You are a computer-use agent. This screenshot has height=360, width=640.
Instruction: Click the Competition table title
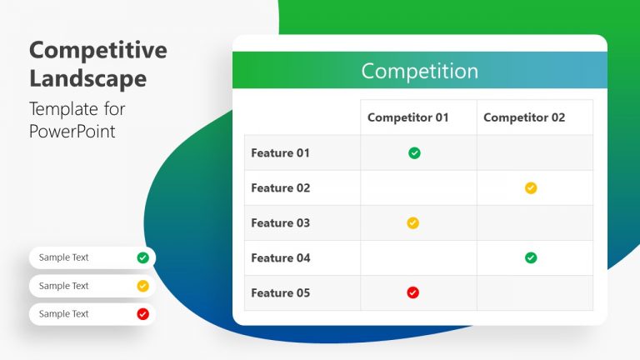419,71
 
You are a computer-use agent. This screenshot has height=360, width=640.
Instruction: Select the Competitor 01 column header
407,117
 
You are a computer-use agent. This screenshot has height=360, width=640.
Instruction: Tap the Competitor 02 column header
524,117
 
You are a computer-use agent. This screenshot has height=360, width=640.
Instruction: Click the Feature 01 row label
280,153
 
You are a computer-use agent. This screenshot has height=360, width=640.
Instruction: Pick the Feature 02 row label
280,188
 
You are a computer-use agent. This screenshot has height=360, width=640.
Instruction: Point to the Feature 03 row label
280,223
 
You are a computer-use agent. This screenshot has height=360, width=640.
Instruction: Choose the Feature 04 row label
280,258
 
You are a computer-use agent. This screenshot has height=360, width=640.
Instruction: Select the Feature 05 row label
280,293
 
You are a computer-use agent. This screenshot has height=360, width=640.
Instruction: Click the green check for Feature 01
414,153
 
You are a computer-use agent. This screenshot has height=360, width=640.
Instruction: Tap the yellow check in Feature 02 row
531,188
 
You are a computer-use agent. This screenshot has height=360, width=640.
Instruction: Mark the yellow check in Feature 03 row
412,223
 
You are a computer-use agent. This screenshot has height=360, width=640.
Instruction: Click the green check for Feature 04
531,258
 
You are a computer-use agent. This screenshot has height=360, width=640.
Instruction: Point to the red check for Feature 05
412,292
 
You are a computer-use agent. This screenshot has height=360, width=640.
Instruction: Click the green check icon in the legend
142,257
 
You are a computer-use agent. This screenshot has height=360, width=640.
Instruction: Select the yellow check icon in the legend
142,286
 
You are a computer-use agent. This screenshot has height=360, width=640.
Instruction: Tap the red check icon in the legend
142,314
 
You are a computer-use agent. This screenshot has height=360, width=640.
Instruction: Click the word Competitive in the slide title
97,50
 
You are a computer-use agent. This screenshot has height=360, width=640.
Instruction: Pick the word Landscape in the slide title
87,79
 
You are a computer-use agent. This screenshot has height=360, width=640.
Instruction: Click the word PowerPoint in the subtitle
72,131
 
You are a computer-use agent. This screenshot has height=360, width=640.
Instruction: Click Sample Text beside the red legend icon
63,314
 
